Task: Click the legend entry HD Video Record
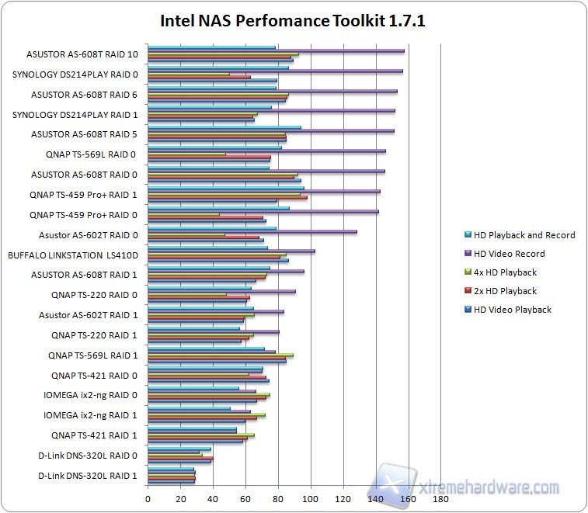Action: [x=509, y=254]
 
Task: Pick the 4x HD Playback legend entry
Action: [x=504, y=272]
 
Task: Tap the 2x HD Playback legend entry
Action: [x=504, y=291]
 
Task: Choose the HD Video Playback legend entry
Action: [x=512, y=310]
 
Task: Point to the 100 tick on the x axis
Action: [x=311, y=500]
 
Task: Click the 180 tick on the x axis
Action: [x=441, y=500]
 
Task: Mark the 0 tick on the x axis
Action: [x=148, y=500]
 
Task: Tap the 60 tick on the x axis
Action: [x=245, y=500]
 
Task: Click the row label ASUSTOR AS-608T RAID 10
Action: [x=82, y=54]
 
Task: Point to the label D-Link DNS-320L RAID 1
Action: [x=88, y=475]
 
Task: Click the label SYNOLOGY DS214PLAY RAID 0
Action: [x=76, y=75]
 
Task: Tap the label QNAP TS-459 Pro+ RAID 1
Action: [x=83, y=195]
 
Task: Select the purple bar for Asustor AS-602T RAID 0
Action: [x=252, y=231]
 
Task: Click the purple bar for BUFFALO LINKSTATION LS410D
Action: [x=231, y=251]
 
